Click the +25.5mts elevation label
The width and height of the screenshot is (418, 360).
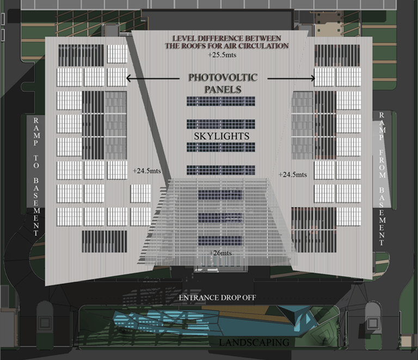coord(222,55)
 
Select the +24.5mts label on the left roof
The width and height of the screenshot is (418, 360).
coord(145,170)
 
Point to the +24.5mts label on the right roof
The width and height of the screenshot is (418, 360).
coord(293,174)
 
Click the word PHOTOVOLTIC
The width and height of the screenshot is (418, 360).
coord(223,77)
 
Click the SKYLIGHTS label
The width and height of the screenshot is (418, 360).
coord(222,136)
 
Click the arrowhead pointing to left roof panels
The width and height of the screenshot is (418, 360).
coord(128,78)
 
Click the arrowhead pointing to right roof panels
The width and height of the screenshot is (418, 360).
coord(313,78)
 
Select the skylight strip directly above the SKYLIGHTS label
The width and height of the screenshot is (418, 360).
coord(221,124)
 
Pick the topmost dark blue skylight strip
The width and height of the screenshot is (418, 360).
coord(221,101)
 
